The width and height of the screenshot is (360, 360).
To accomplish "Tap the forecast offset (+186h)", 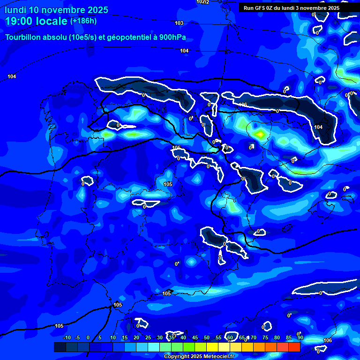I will [x=84, y=21].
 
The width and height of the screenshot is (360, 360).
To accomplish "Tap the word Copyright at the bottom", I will [x=178, y=356].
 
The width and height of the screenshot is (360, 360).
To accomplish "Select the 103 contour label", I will [x=179, y=23].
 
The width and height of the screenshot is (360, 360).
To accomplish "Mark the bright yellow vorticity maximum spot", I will [x=260, y=134].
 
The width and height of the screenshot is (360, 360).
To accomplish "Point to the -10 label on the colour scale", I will [x=67, y=338].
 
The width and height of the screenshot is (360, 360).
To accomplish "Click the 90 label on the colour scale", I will [x=300, y=338].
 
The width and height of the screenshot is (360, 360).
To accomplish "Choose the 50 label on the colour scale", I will [x=207, y=338].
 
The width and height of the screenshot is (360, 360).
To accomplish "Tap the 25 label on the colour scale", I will [x=148, y=338].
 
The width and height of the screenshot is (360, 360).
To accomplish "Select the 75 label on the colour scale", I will [x=265, y=338].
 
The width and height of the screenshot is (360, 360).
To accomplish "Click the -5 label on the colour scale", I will [x=77, y=338].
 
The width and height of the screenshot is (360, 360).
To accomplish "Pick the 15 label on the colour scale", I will [x=125, y=338].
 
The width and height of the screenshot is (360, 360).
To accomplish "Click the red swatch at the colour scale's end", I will [x=294, y=347].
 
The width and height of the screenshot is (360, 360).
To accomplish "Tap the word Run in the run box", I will [x=249, y=8].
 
